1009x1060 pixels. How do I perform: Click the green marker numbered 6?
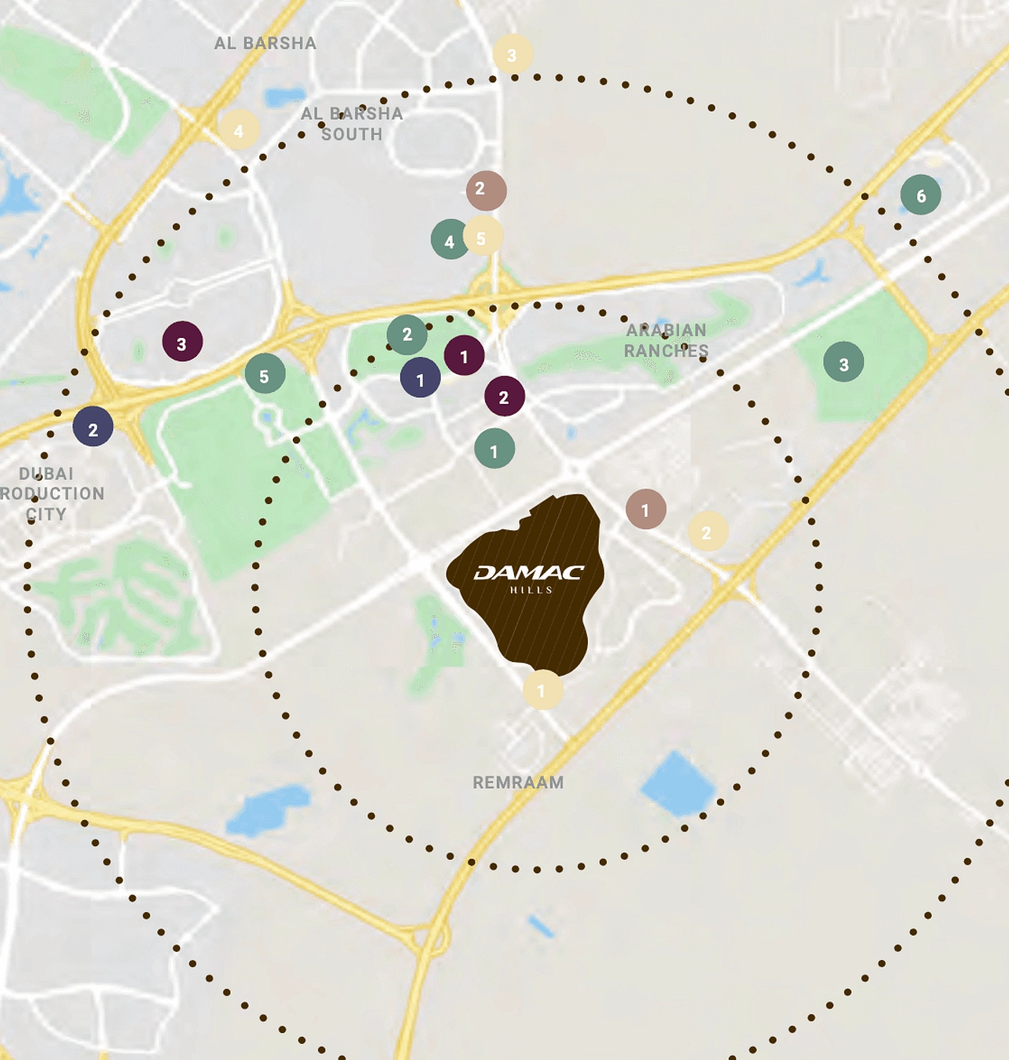(921, 195)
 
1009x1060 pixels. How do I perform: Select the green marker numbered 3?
(843, 362)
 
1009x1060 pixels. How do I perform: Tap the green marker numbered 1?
(494, 449)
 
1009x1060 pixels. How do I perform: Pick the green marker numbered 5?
(265, 374)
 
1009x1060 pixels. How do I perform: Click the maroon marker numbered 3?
(182, 341)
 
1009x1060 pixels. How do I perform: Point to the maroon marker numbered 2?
(504, 396)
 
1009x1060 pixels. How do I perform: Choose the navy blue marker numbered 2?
(93, 426)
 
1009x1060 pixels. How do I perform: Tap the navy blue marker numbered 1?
(420, 378)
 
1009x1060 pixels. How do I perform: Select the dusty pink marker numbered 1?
(646, 509)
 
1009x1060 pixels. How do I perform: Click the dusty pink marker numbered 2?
(486, 191)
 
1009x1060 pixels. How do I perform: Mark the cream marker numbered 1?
(543, 690)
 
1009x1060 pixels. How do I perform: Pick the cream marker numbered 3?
(512, 54)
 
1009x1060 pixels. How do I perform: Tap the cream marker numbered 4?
(239, 130)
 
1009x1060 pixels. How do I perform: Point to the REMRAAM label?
(518, 782)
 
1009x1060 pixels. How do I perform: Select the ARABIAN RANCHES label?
(666, 340)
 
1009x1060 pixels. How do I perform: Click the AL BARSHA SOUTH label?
(352, 124)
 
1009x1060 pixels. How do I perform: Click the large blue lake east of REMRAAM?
(678, 784)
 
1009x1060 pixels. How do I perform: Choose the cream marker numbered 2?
(707, 531)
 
